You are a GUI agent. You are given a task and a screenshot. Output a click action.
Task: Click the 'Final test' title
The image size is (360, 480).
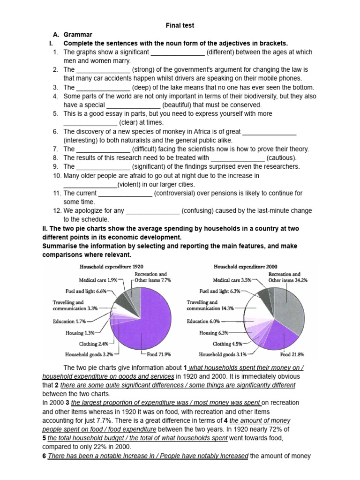click(180, 25)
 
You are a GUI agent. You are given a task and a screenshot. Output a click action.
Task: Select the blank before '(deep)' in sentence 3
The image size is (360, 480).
click(103, 87)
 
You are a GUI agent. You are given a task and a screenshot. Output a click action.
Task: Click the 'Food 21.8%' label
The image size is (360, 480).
click(291, 355)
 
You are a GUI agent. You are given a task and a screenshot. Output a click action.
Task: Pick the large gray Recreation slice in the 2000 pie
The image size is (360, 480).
click(286, 305)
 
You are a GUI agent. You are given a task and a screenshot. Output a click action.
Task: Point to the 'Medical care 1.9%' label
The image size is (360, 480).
click(97, 280)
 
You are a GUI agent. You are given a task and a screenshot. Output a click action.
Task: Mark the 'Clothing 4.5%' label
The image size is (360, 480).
click(227, 344)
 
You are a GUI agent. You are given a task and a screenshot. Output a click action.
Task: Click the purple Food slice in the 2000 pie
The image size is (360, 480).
click(277, 338)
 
